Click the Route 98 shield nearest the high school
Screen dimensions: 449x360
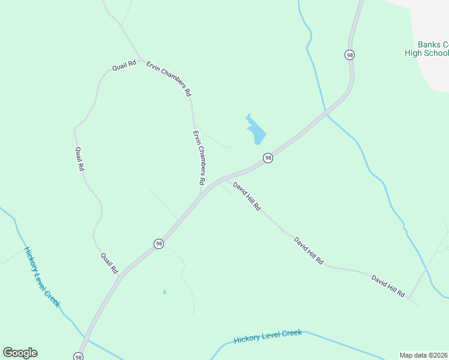click(350, 55)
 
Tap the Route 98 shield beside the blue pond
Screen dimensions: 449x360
click(268, 158)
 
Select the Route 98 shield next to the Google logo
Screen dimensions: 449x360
click(79, 356)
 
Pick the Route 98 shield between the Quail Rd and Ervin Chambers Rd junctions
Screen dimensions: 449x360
click(158, 244)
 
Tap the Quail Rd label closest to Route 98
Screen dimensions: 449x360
click(109, 263)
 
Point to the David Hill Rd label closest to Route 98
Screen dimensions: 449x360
click(247, 196)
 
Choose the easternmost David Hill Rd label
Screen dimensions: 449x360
click(388, 286)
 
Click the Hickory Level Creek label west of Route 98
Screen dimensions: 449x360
click(42, 277)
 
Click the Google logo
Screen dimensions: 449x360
click(20, 353)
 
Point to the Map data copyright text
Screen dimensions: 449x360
click(424, 355)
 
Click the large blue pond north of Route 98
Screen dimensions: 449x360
click(256, 130)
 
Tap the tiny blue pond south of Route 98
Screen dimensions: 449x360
click(164, 292)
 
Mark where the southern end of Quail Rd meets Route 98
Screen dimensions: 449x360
click(119, 277)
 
